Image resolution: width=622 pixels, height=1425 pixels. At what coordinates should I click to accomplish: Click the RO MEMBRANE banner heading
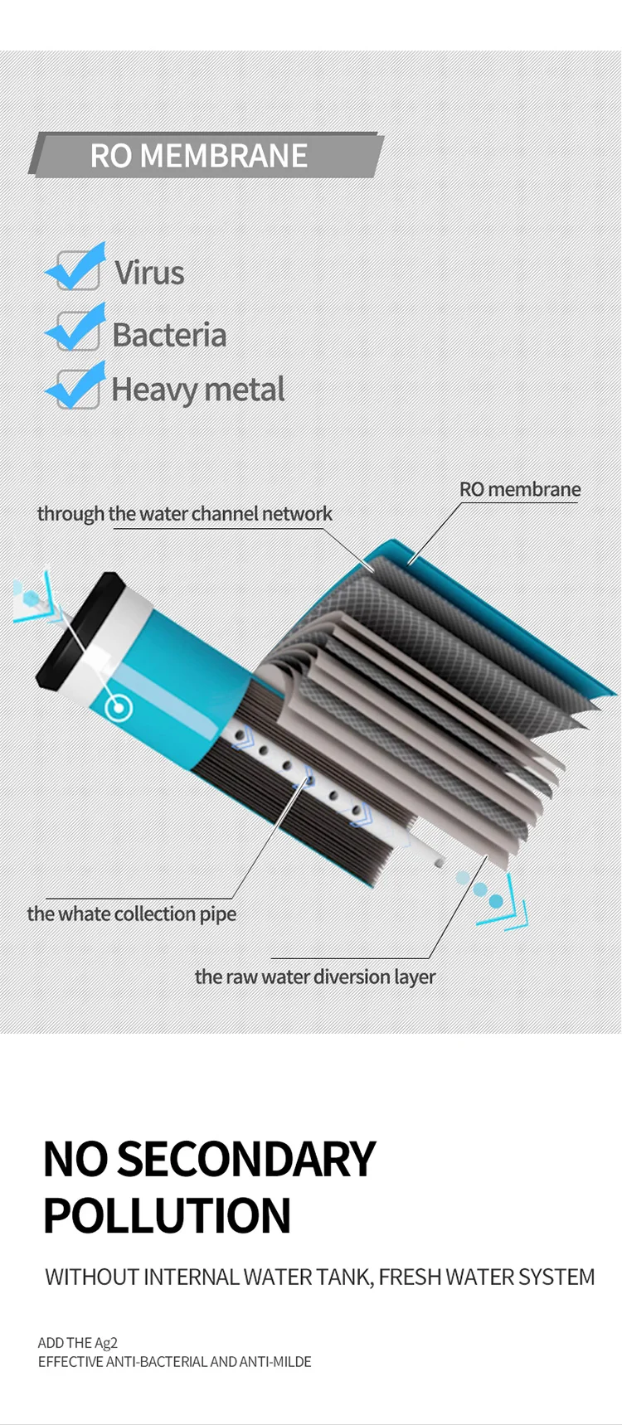click(x=199, y=156)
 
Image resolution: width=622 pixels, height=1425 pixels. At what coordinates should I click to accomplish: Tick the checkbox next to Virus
click(x=77, y=269)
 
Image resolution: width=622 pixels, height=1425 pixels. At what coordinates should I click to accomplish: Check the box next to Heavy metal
click(x=77, y=388)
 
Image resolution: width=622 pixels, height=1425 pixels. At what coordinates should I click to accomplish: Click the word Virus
click(x=149, y=273)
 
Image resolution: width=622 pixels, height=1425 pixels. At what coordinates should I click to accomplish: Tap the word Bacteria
click(x=169, y=335)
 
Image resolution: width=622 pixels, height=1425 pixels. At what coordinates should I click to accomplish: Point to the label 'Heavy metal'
click(x=197, y=390)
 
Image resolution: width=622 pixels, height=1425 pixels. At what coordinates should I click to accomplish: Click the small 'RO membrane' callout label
click(x=520, y=489)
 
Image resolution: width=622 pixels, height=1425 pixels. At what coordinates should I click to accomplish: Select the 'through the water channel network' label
click(x=184, y=514)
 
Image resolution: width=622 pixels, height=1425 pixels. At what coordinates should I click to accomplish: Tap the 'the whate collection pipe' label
click(x=131, y=914)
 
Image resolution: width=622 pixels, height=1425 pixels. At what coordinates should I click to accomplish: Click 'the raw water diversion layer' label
click(x=314, y=977)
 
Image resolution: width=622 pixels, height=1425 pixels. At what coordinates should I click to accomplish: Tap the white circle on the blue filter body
click(x=120, y=707)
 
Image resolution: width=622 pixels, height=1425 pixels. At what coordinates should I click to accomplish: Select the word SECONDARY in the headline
click(x=246, y=1159)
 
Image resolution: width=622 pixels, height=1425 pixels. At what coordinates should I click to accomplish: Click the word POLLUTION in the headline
click(x=167, y=1216)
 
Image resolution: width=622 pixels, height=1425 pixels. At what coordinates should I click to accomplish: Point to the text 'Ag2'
click(x=107, y=1343)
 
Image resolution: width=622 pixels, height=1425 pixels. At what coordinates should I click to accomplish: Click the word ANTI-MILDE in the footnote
click(x=275, y=1361)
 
